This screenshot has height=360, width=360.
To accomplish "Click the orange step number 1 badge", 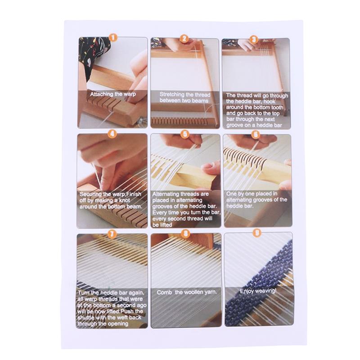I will tap(113, 38).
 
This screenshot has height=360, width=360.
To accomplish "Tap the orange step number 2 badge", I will tap(184, 39).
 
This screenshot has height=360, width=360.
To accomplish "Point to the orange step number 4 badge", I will tap(112, 134).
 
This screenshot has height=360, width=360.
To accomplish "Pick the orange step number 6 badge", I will tap(255, 134).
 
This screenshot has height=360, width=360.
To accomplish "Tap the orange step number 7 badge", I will tap(112, 233).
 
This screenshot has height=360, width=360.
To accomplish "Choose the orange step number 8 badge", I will tap(185, 234).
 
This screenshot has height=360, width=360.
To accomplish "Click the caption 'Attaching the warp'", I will tap(112, 94).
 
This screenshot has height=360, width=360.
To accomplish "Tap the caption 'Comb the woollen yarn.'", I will tap(186, 292).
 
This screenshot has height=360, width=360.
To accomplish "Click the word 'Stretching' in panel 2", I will tap(171, 95).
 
